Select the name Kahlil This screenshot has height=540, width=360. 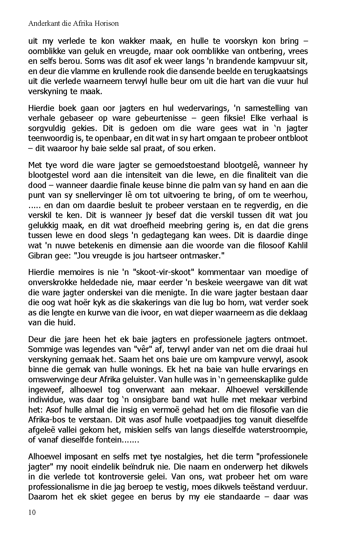(x=295, y=245)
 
